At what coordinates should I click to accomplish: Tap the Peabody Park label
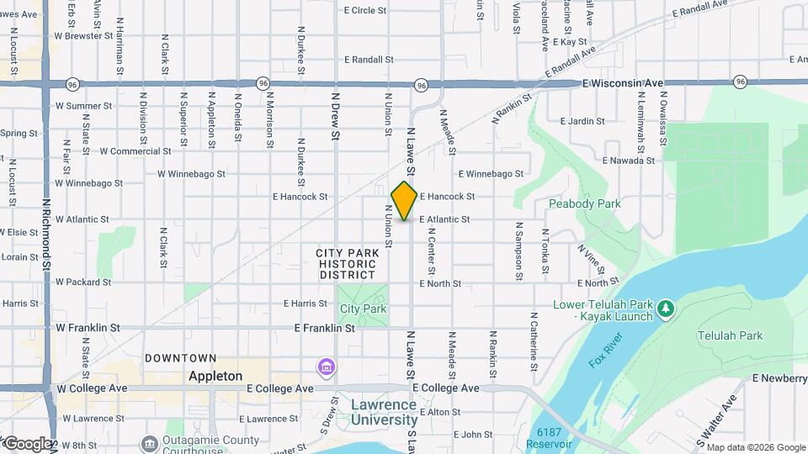pos(584,203)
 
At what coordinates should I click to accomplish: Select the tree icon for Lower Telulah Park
pos(666,309)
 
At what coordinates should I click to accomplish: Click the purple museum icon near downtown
pos(326,367)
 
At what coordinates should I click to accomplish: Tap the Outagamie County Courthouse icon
pos(149,443)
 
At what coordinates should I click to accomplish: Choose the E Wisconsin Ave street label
pos(623,84)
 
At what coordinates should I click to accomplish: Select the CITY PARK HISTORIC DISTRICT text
pos(346,263)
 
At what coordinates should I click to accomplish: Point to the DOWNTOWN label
pos(180,358)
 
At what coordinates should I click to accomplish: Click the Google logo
pos(29,443)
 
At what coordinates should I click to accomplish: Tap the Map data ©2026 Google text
pos(755,446)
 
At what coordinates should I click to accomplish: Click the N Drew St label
pos(334,118)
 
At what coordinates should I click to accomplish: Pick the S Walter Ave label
pos(710,420)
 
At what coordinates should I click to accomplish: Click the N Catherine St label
pos(534,336)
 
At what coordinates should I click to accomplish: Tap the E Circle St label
pos(365,10)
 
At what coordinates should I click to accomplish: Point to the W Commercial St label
pos(136,152)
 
